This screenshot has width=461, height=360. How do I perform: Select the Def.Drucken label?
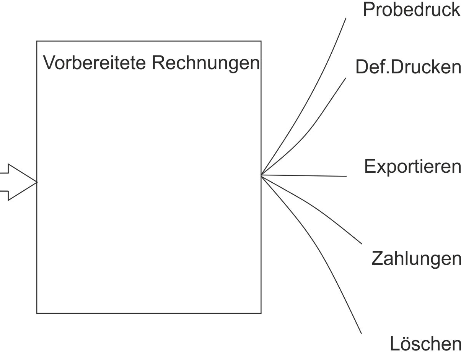tap(407, 68)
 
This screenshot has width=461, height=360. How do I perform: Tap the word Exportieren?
tap(412, 166)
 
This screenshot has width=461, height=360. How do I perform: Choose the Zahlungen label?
tap(415, 259)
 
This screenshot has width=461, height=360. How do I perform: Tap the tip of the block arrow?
tap(37, 182)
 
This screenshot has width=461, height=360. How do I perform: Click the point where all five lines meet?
tap(261, 175)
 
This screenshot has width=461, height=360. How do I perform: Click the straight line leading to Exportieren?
tap(306, 176)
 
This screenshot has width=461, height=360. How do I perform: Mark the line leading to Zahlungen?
tap(314, 207)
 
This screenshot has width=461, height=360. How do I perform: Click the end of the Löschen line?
tap(361, 333)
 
